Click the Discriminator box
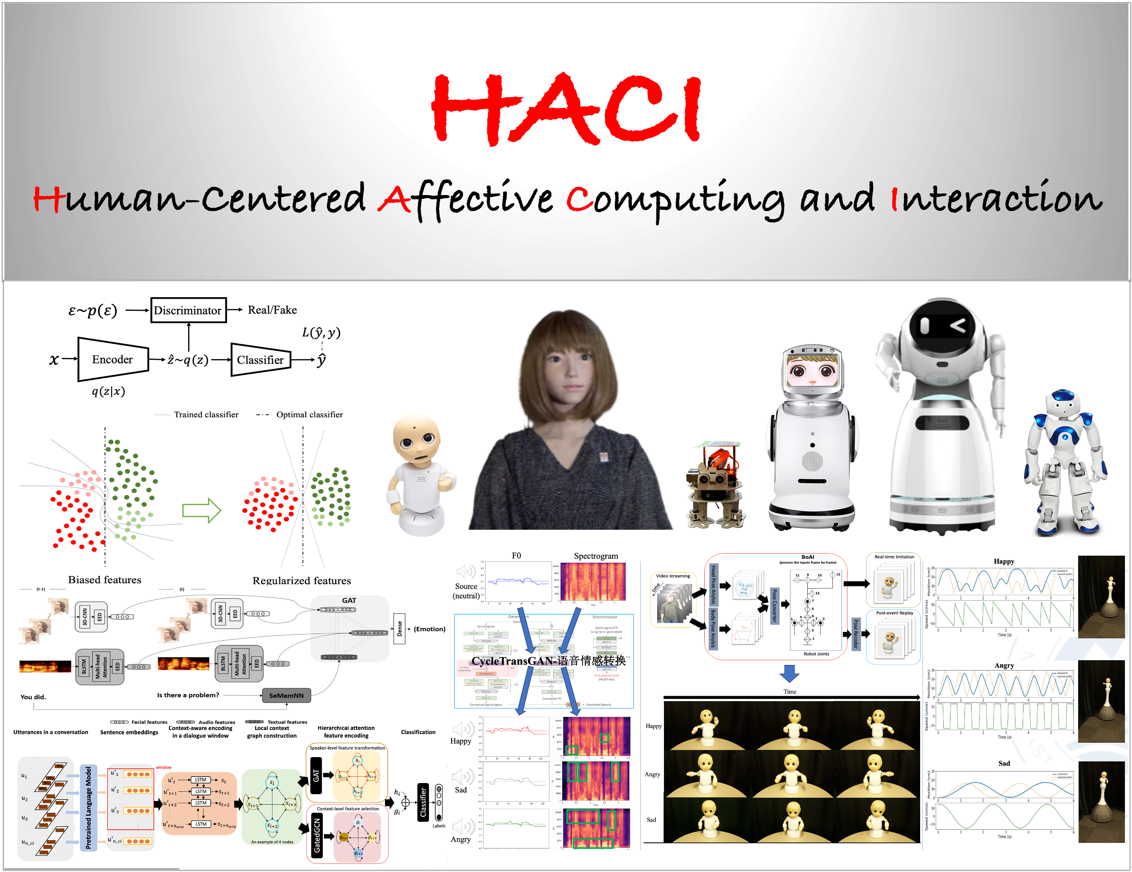point(188,310)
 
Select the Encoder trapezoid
point(113,359)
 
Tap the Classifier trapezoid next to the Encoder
point(260,360)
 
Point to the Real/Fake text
point(272,310)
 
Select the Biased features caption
point(105,580)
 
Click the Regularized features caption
point(302,581)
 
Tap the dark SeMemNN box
point(286,695)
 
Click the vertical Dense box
point(399,629)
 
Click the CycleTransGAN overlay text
point(548,661)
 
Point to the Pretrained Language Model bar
point(88,807)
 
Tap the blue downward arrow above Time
point(789,673)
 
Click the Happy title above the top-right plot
point(1004,561)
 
